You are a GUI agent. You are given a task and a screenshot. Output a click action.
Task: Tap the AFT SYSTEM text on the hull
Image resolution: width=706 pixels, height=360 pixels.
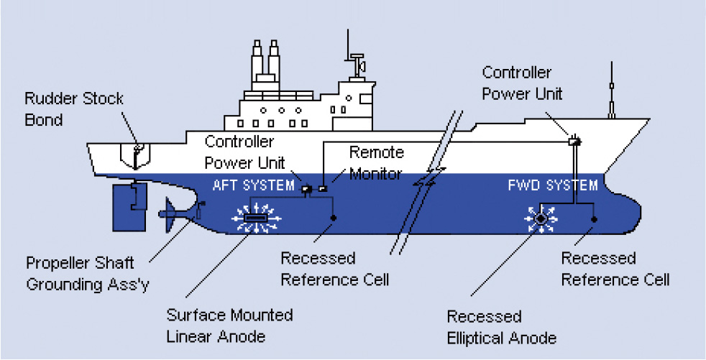(x=254, y=185)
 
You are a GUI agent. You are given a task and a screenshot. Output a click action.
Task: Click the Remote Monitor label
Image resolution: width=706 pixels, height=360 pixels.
(x=376, y=164)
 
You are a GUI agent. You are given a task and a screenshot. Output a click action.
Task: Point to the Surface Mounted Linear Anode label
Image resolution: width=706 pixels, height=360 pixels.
(x=229, y=326)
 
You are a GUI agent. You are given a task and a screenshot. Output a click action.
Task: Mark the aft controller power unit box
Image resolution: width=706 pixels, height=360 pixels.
(x=306, y=190)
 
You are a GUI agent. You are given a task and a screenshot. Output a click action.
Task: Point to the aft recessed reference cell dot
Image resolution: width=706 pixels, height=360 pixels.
(x=333, y=218)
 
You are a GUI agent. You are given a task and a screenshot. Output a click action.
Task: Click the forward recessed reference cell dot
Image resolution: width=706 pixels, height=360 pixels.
(x=593, y=218)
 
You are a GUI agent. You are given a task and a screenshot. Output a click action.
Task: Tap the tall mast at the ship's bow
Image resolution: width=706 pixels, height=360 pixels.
(x=611, y=90)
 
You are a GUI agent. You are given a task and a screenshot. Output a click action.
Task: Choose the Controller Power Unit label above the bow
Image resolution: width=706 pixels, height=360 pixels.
(x=516, y=83)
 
